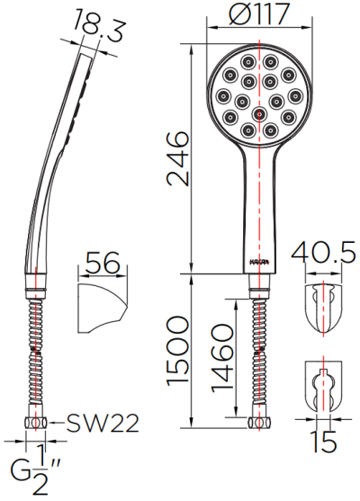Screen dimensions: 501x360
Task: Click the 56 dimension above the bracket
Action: (100, 264)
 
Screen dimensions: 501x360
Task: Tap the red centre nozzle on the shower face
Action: (260, 114)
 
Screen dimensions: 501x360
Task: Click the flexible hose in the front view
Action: (260, 351)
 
